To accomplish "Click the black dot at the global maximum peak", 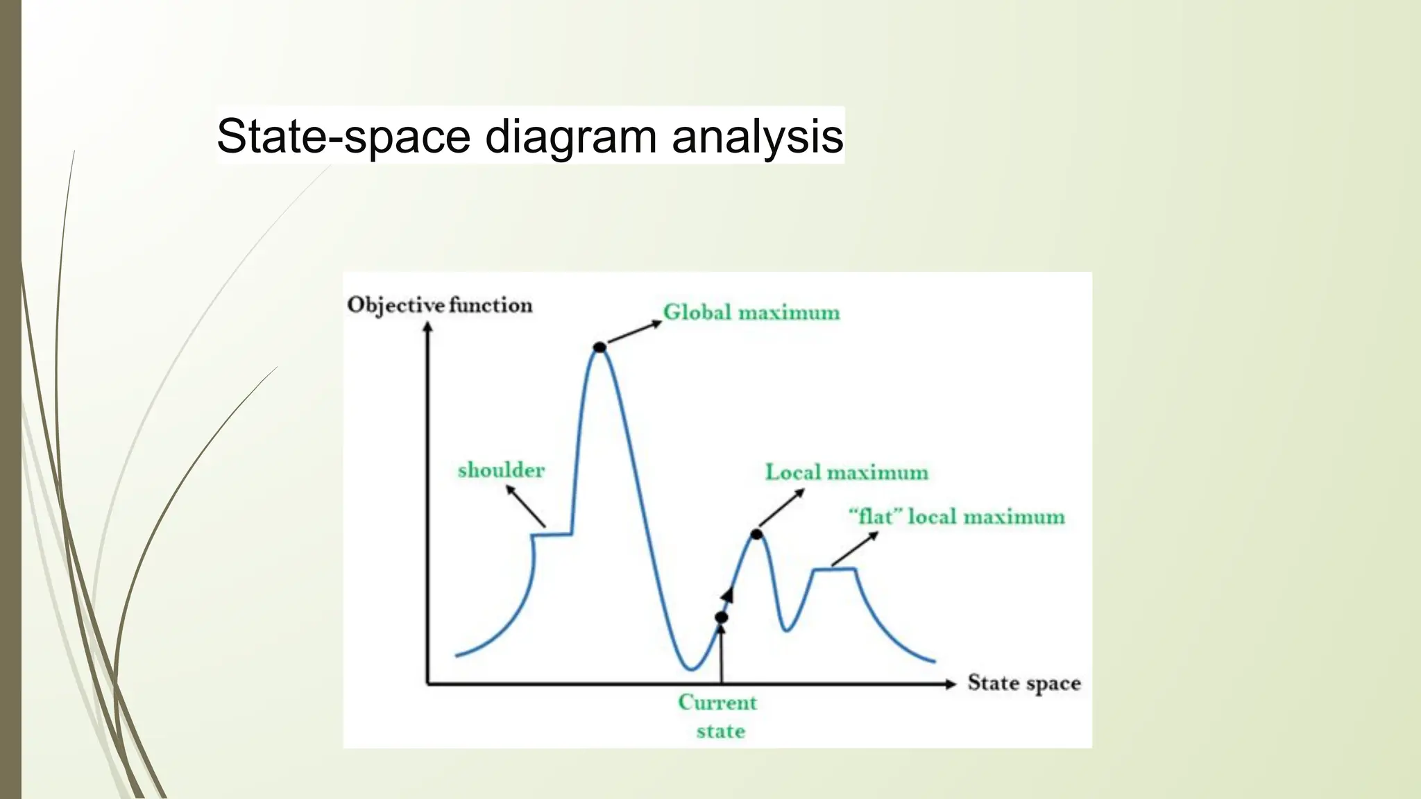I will [599, 347].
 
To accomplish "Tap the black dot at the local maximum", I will [756, 534].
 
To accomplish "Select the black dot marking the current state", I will [722, 617].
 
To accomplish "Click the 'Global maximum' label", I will [751, 312].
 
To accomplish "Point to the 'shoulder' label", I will [501, 470].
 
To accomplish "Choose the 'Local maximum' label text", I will [846, 472].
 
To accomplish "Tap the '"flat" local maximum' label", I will [957, 517].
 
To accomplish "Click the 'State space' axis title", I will [1024, 683].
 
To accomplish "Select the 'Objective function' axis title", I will [440, 305].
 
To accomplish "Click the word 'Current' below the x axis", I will [717, 703].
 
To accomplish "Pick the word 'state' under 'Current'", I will [720, 731].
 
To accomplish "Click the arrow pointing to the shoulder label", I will [525, 506].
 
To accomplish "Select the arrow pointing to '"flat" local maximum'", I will [855, 549].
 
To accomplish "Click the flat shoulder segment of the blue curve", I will [552, 534].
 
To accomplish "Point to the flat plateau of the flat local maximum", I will [835, 569].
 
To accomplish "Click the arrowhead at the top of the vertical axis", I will [428, 327].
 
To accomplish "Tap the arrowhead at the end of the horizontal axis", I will [950, 684].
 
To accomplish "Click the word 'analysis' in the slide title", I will [757, 136].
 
